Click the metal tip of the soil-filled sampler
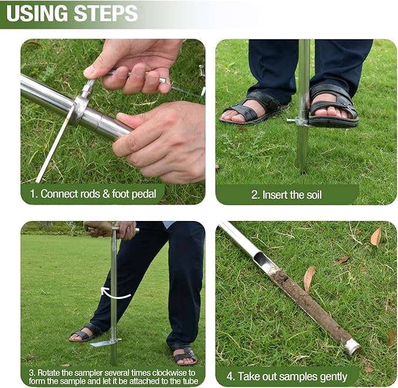tap(352, 346)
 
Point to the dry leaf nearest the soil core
tap(309, 278)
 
